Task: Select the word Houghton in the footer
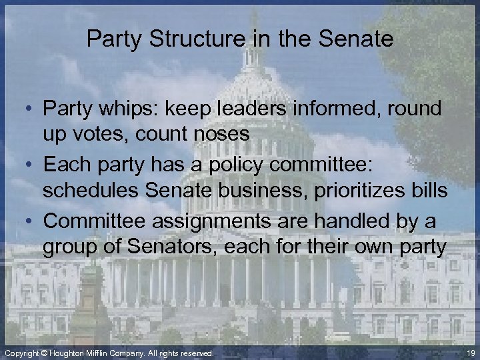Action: coord(72,353)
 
